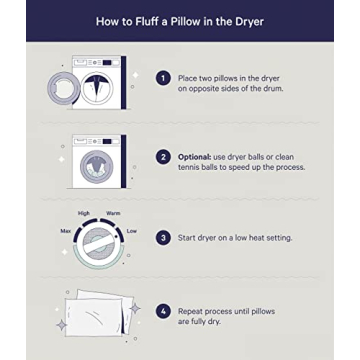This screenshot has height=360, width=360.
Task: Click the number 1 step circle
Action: pyautogui.click(x=162, y=77)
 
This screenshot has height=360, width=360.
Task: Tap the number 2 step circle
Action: pyautogui.click(x=162, y=158)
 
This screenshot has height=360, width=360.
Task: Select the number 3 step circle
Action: pyautogui.click(x=162, y=237)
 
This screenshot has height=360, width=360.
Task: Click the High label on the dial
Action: pyautogui.click(x=84, y=212)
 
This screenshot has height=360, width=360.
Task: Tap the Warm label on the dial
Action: pyautogui.click(x=114, y=212)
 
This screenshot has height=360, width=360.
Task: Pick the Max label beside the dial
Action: pyautogui.click(x=66, y=231)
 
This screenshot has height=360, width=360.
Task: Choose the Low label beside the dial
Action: pyautogui.click(x=131, y=231)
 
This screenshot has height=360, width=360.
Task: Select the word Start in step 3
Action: pyautogui.click(x=190, y=237)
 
